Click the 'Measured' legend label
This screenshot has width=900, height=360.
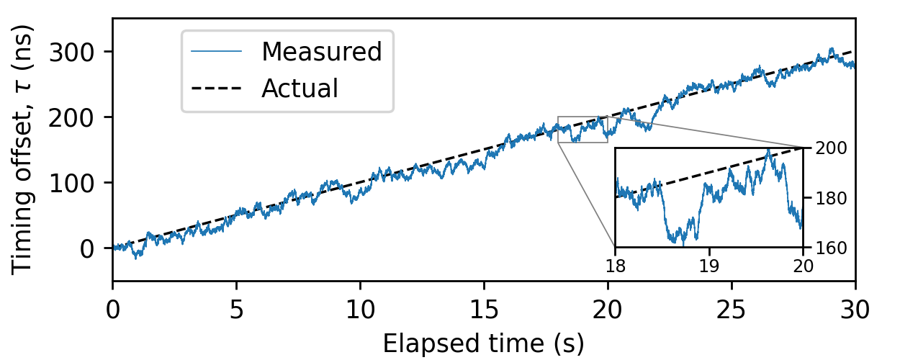[x=321, y=52]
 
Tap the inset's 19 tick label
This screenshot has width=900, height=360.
[x=709, y=265]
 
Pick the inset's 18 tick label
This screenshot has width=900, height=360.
[x=615, y=265]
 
